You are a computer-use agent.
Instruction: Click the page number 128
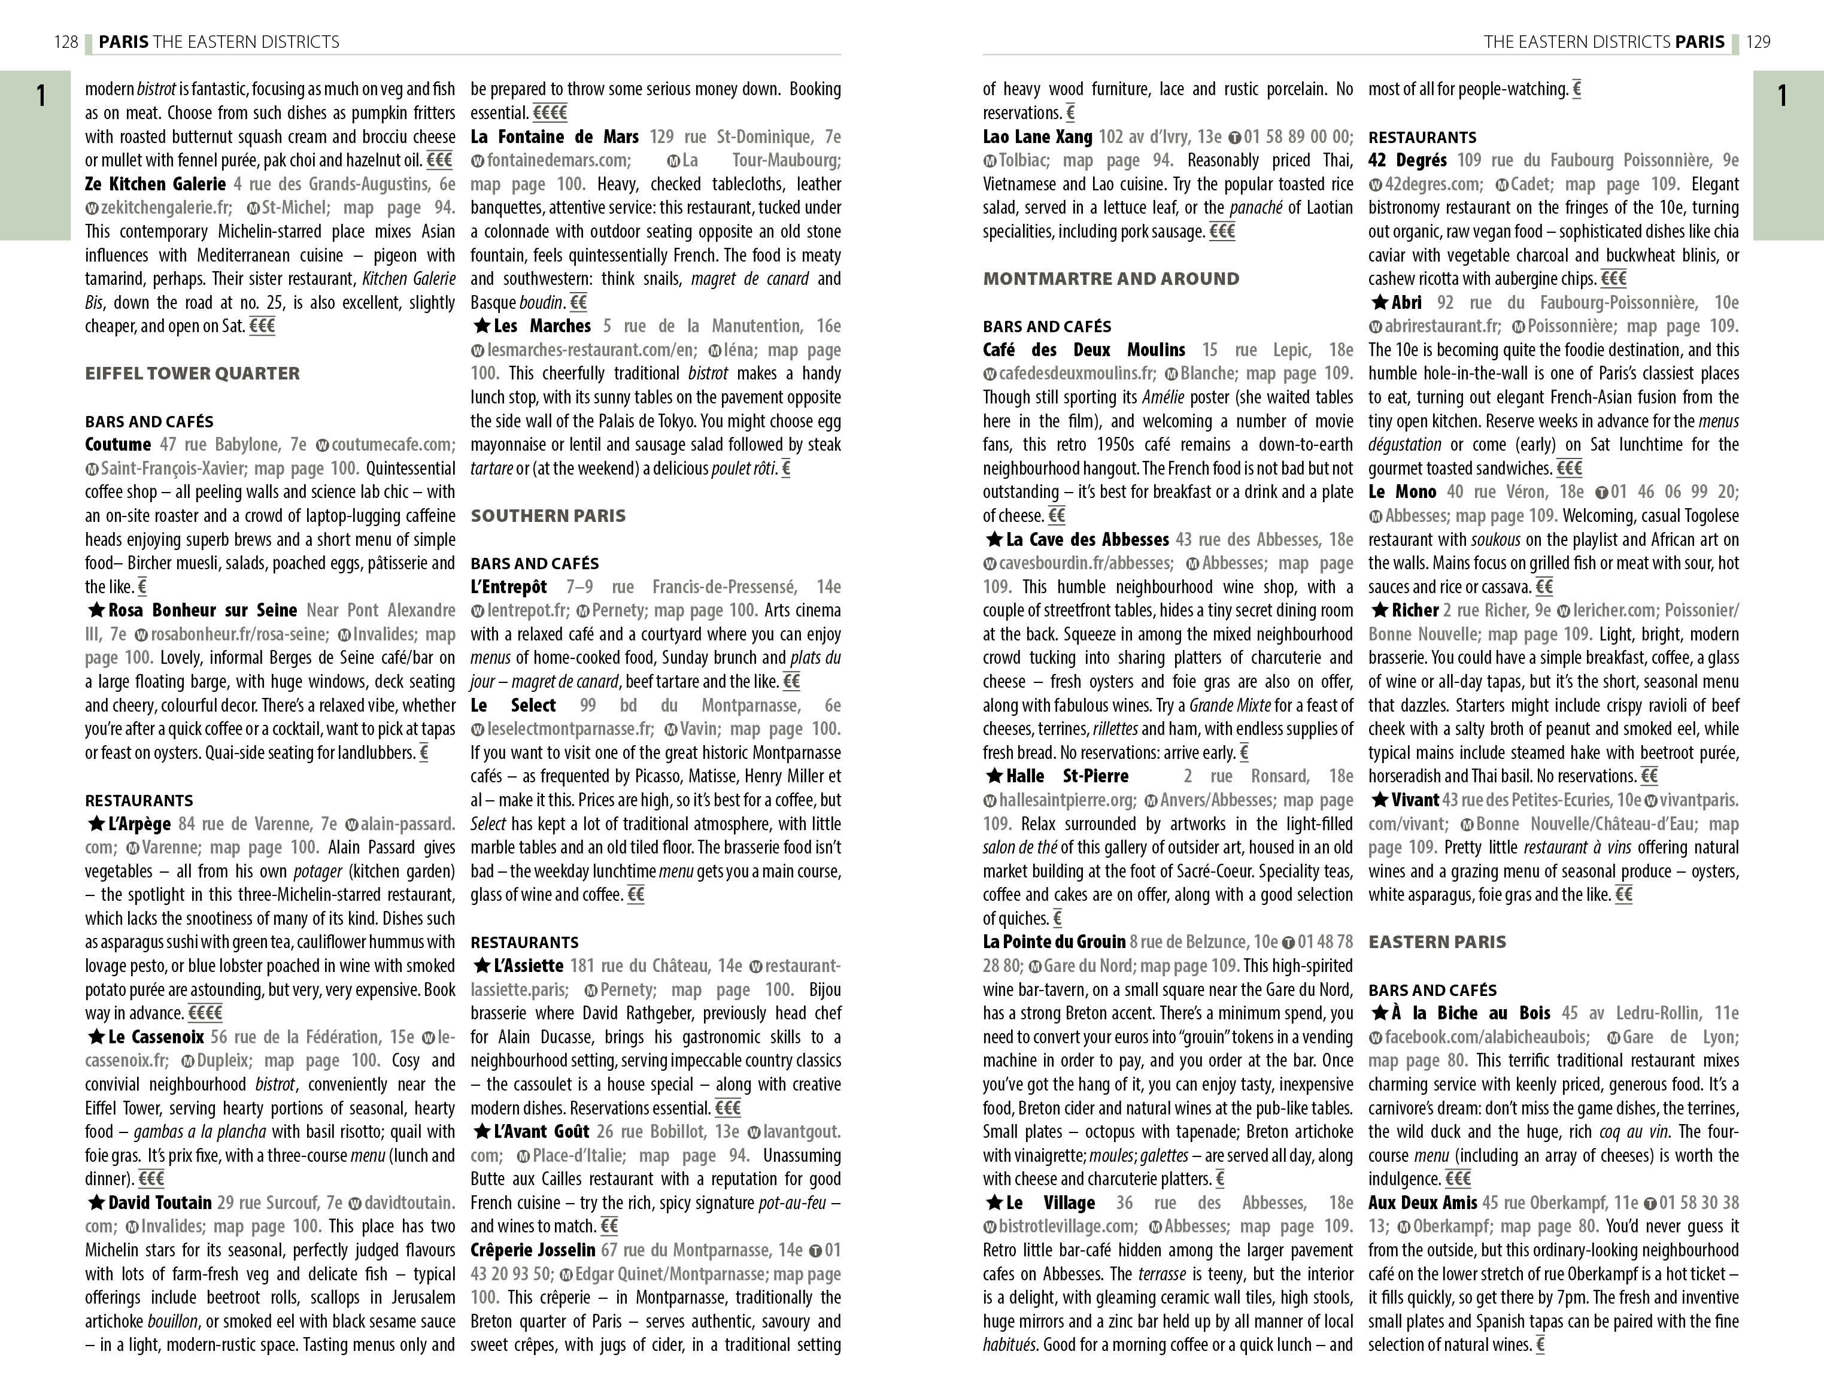coord(66,42)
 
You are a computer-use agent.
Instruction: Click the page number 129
coord(1758,42)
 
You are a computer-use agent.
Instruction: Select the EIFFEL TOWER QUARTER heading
coord(193,373)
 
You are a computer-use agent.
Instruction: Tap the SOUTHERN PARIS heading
coord(548,516)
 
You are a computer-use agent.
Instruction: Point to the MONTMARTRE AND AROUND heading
coord(1110,279)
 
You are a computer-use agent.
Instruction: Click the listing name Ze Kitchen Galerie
coord(155,184)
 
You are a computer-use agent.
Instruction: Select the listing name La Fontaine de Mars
coord(554,136)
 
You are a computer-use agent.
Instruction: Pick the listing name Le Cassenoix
coord(156,1037)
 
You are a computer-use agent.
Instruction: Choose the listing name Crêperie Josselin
coord(532,1250)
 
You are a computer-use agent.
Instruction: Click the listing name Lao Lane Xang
coord(1037,136)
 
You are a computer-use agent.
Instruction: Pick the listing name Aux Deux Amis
coord(1422,1202)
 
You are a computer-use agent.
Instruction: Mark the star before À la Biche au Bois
coord(1379,1013)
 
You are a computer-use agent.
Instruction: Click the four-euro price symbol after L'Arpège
coord(205,1013)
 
